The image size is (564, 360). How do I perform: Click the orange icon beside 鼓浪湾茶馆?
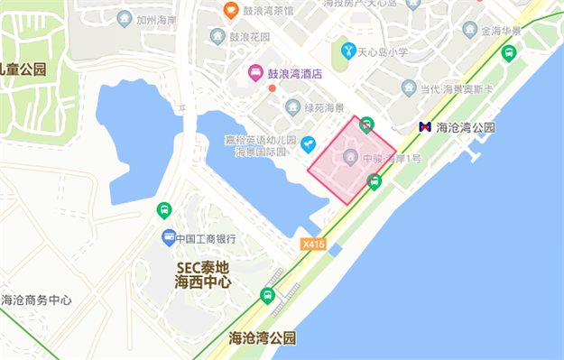click(231, 11)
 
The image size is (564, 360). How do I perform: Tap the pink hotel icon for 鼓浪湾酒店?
click(256, 72)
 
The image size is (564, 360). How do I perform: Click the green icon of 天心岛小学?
click(348, 51)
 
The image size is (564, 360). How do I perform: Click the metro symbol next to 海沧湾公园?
click(425, 128)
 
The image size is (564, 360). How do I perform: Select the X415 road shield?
click(314, 244)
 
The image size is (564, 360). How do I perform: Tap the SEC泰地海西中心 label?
click(203, 274)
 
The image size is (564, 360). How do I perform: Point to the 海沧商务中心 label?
click(36, 300)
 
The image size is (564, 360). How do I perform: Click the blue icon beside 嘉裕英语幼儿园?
click(308, 143)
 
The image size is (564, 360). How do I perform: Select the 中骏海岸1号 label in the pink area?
click(391, 159)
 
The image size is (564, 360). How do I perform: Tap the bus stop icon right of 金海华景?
click(510, 52)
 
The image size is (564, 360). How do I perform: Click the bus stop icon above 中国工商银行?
click(163, 210)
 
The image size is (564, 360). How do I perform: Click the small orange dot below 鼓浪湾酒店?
click(273, 88)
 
